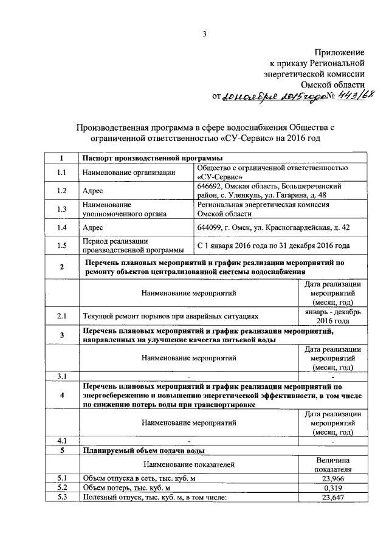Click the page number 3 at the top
pos(205,35)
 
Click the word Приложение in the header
pos(340,53)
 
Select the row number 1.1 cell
pos(61,173)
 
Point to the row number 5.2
pos(61,489)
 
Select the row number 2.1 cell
pos(61,316)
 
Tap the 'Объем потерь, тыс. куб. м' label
pos(126,489)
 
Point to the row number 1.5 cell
pos(61,246)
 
